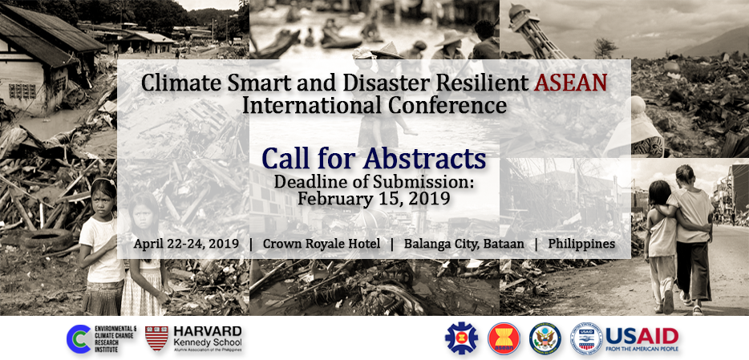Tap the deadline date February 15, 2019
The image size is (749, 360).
374,197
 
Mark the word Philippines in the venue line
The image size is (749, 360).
581,243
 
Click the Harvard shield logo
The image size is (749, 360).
156,338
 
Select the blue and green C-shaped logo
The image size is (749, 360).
79,338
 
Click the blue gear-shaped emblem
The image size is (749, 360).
461,338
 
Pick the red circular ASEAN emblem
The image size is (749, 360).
504,338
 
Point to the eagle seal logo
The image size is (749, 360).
545,338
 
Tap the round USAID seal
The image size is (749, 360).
586,338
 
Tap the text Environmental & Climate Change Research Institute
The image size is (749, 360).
115,338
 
